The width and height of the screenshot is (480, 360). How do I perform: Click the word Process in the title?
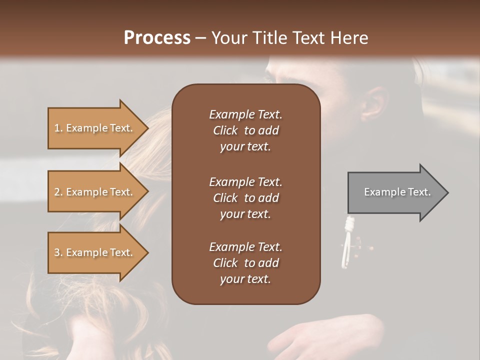pos(157,38)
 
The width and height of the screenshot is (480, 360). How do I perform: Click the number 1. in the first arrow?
pos(58,128)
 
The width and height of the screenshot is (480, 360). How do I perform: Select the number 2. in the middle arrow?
pos(58,192)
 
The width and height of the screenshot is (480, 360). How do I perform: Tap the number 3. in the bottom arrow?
pos(58,252)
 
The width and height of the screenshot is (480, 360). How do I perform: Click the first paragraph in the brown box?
pos(245,130)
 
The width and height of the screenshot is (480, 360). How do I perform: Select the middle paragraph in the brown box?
pos(245,198)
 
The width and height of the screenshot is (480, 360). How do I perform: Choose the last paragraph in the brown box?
pos(245,263)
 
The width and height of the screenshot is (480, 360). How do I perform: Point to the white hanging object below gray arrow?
pos(346,240)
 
